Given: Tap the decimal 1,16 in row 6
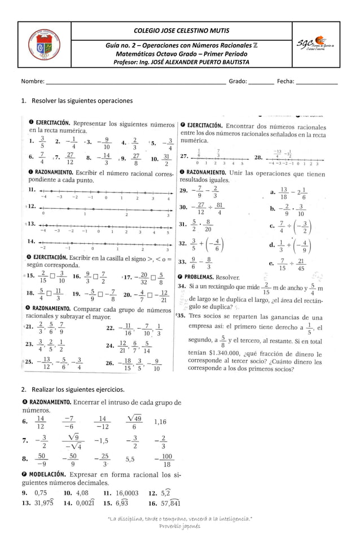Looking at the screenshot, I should (160, 421).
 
